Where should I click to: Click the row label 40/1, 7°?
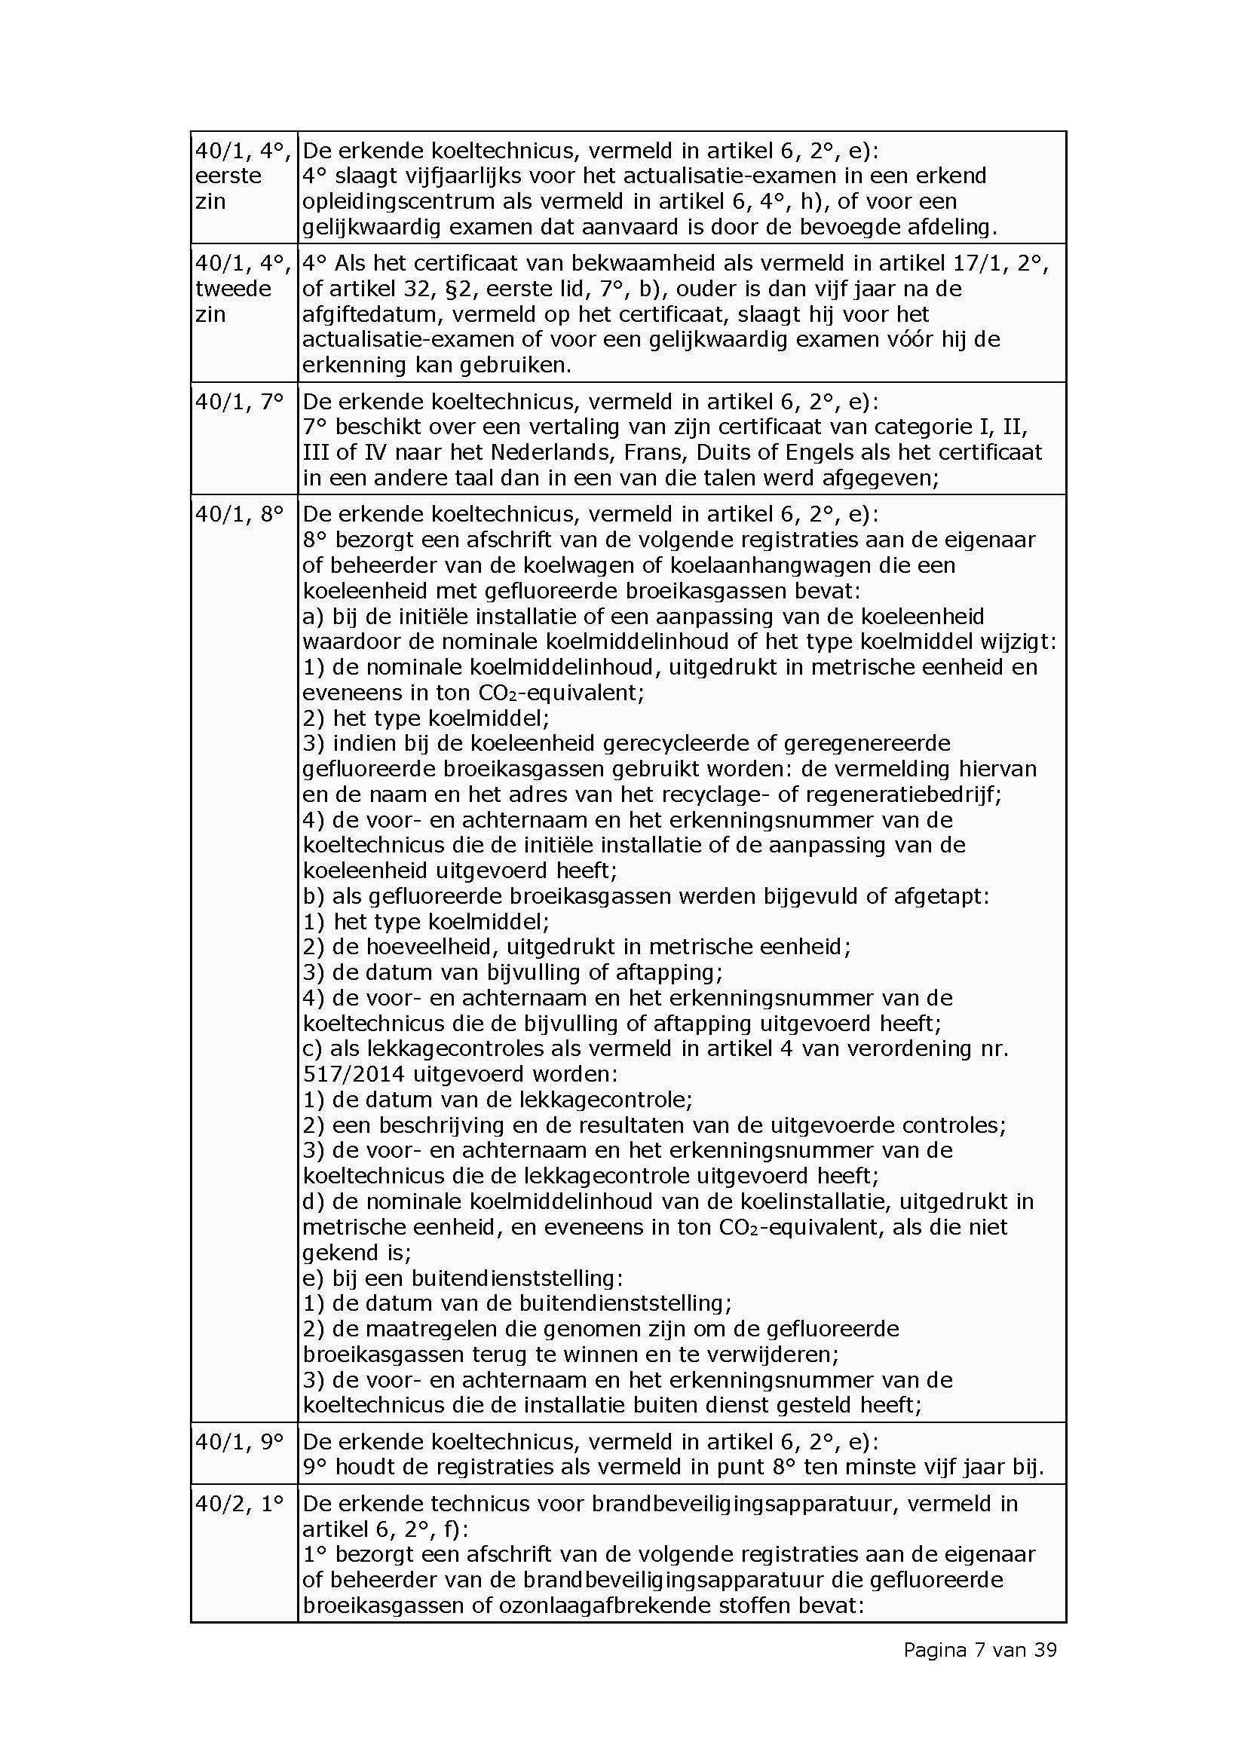(240, 402)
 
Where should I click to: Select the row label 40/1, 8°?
(240, 514)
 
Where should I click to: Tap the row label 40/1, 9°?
(240, 1441)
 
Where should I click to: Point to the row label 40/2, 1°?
(240, 1504)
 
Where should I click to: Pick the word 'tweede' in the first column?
(234, 289)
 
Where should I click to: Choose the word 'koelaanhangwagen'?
(774, 565)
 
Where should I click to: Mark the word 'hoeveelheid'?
(433, 946)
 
